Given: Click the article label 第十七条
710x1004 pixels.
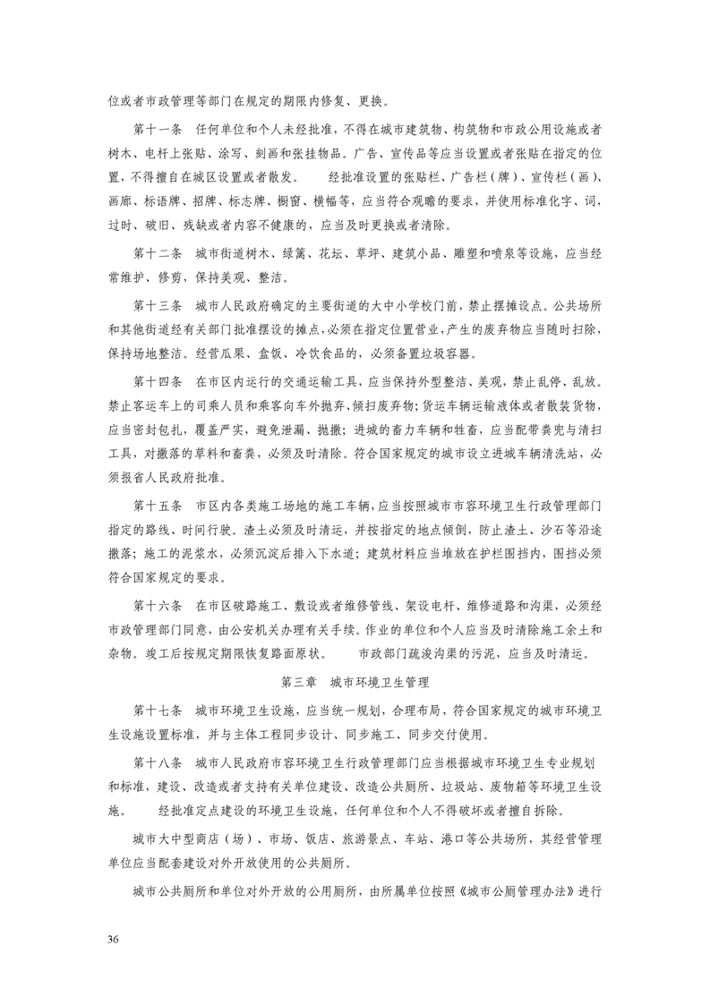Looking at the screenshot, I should (158, 711).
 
